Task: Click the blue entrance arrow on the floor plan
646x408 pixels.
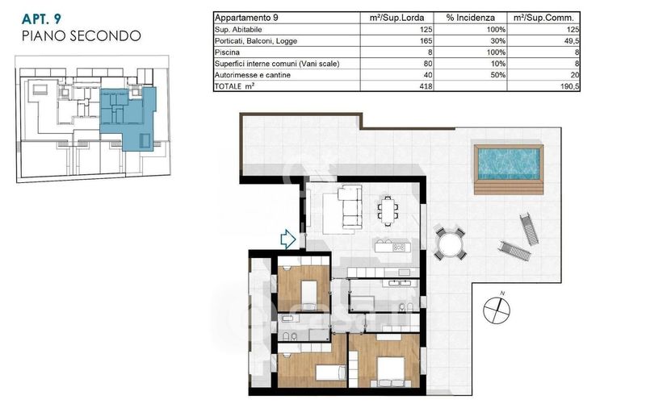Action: [x=288, y=239]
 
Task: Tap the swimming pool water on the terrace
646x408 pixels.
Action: [x=510, y=162]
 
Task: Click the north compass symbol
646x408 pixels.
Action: [x=497, y=309]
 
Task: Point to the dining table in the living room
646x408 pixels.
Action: [x=388, y=210]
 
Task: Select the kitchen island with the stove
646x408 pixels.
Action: [x=392, y=247]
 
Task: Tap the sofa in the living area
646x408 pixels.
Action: [x=351, y=207]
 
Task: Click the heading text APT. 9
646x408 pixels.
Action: [x=41, y=19]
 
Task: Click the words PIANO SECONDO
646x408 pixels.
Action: [x=82, y=35]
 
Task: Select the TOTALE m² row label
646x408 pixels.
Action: [x=234, y=86]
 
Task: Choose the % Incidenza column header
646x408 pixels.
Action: [x=470, y=18]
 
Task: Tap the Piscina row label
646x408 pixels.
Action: [x=227, y=52]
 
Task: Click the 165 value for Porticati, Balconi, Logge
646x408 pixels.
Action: [x=426, y=40]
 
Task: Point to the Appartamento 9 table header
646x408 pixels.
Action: [x=246, y=18]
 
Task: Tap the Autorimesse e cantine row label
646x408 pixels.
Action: [x=253, y=75]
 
